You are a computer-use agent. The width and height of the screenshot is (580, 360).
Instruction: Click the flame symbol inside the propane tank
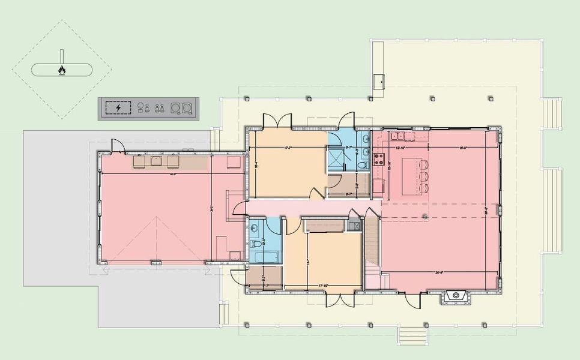click(62, 70)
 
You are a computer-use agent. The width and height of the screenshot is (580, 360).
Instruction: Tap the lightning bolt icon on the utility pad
click(118, 108)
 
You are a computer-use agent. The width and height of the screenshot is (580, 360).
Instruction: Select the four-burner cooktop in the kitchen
click(379, 159)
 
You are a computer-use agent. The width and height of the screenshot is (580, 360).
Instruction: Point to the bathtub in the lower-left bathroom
click(263, 258)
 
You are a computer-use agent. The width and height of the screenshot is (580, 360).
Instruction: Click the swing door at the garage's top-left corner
click(116, 146)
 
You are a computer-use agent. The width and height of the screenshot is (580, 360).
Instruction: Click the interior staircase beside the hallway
click(372, 243)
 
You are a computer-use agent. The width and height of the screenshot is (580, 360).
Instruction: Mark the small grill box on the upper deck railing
click(379, 80)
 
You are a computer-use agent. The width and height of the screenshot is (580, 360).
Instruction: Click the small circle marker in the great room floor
click(424, 215)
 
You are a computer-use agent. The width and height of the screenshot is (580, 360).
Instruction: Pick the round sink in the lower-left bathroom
click(255, 229)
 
